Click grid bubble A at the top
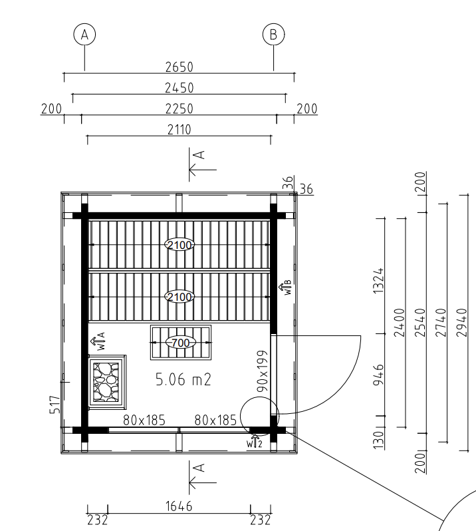pos(84,34)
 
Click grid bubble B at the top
pos(273,34)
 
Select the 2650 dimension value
pos(179,67)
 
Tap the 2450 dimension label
pos(179,88)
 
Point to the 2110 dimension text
pos(179,130)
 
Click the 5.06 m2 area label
pos(183,380)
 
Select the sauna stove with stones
pos(106,382)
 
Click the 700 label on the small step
pos(180,343)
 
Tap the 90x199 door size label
pos(263,371)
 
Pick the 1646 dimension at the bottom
pos(179,506)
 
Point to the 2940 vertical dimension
pos(461,323)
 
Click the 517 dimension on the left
pos(55,405)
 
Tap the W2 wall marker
pos(255,442)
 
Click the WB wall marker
pos(285,287)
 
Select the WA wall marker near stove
pos(98,341)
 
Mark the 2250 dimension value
pos(179,109)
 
